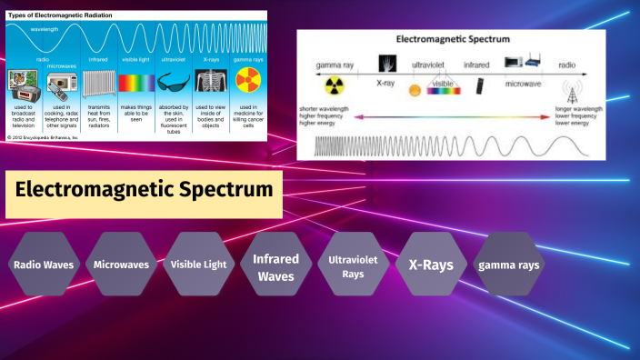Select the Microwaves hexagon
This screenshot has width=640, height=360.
[x=121, y=265]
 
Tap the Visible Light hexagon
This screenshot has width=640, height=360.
[x=198, y=265]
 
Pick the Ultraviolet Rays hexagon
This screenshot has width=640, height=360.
[x=353, y=265]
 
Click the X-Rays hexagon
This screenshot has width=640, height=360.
[x=431, y=265]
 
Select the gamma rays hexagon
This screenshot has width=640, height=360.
[x=509, y=265]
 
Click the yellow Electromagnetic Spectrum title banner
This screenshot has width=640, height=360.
[x=144, y=191]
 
